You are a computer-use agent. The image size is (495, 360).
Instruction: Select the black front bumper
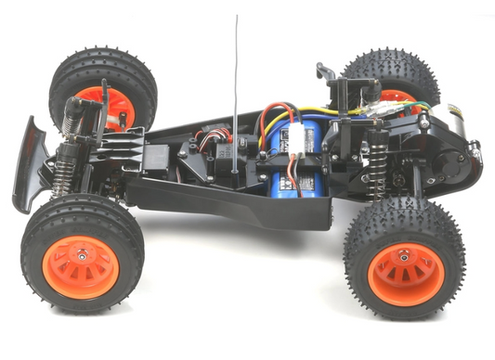[x=29, y=162]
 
